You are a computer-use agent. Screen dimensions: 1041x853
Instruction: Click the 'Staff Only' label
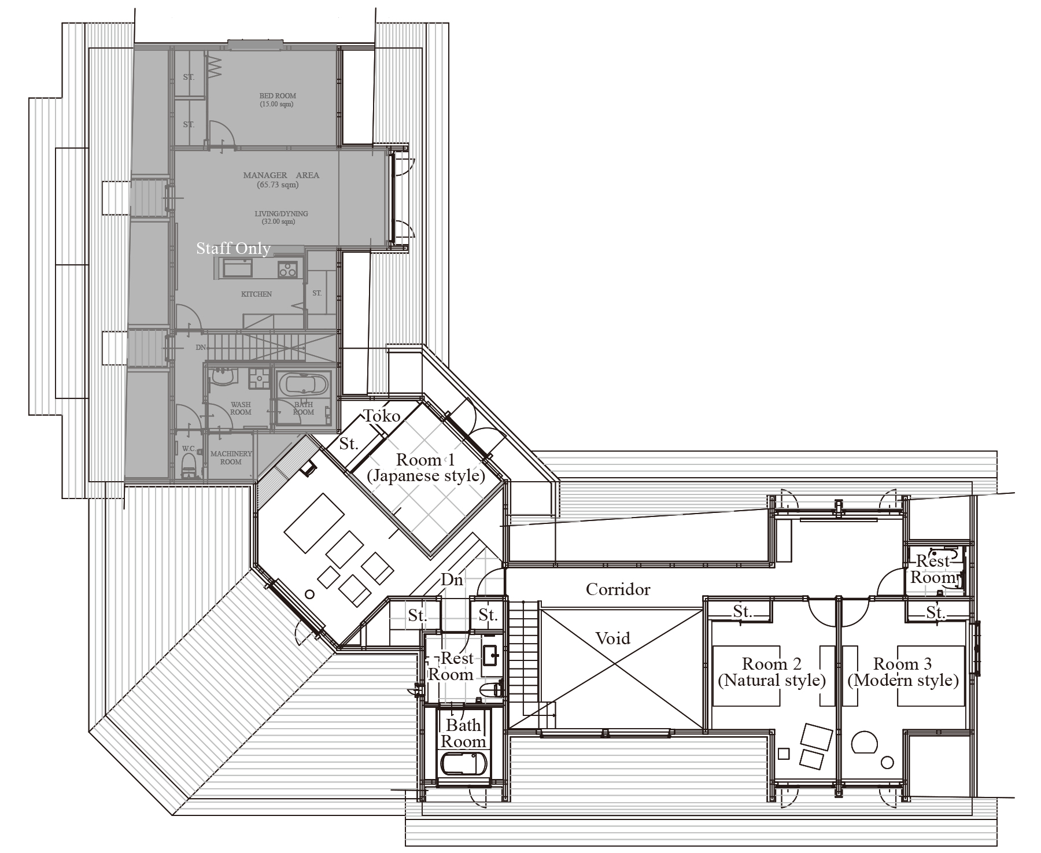[233, 249]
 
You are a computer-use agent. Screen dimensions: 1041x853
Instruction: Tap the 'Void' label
[612, 638]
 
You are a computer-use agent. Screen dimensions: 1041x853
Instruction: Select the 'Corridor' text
[618, 589]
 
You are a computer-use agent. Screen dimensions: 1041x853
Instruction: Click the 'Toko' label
[382, 416]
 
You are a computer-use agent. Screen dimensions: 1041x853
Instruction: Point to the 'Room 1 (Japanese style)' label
[426, 468]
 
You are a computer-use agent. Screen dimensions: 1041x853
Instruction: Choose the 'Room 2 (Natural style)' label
[771, 672]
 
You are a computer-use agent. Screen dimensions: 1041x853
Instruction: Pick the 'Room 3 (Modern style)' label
[903, 672]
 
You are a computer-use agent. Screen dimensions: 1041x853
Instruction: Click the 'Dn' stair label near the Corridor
[452, 579]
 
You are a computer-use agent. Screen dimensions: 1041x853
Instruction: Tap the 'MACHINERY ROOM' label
[231, 458]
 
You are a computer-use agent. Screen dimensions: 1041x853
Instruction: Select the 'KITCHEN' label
[256, 294]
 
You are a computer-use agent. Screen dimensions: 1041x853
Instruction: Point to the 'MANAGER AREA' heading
[281, 175]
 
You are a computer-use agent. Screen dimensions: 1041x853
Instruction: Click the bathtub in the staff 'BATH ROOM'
[303, 383]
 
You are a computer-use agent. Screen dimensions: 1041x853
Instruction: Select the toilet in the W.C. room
[189, 466]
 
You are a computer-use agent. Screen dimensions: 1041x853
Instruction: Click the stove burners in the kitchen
[287, 269]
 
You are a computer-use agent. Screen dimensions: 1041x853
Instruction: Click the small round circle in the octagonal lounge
[310, 594]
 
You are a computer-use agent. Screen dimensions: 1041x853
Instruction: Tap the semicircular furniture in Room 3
[863, 742]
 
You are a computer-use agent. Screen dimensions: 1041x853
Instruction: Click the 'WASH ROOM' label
[241, 408]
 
